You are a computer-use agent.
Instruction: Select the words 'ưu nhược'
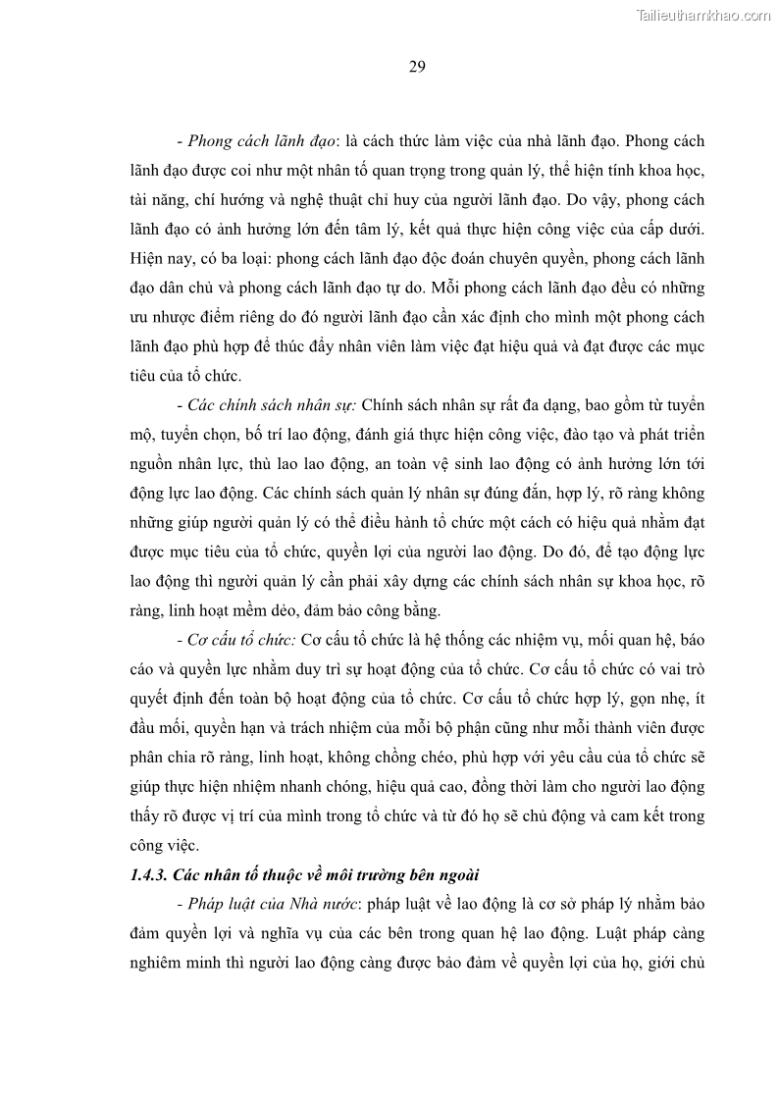pos(162,318)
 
